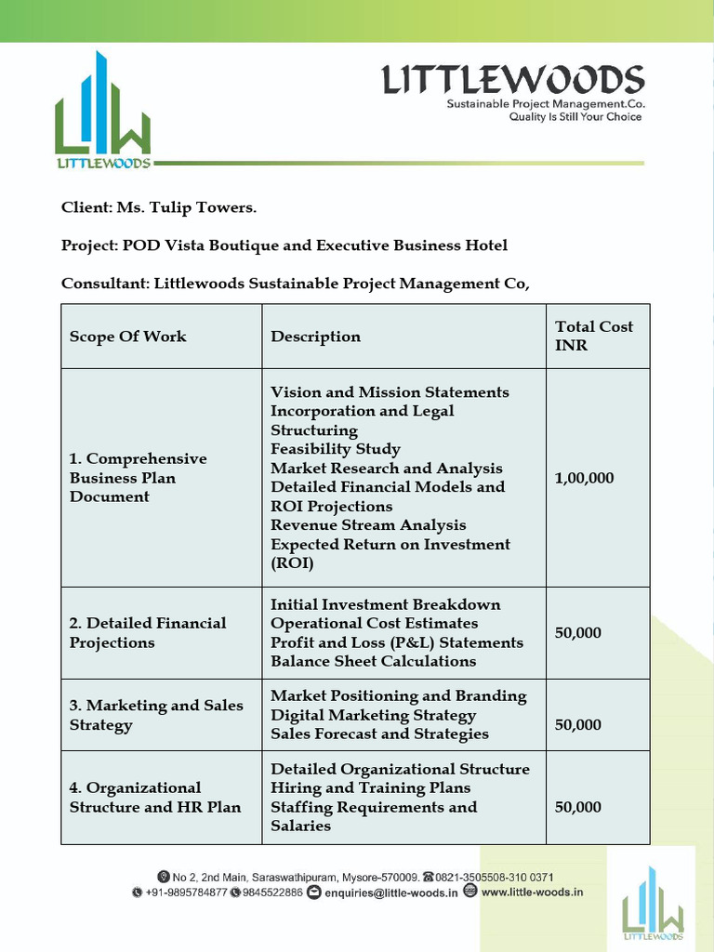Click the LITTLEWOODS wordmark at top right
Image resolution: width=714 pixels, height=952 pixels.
point(513,80)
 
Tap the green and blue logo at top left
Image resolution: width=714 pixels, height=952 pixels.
point(102,112)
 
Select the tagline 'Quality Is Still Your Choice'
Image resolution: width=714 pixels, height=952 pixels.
point(575,117)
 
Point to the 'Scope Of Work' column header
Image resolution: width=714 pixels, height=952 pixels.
point(128,337)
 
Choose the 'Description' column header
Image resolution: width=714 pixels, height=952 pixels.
point(315,337)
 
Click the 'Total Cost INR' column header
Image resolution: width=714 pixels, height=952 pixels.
point(593,336)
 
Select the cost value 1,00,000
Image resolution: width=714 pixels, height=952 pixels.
point(584,478)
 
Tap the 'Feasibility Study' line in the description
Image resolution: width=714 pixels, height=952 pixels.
point(335,449)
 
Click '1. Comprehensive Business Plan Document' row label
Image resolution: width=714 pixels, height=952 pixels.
point(138,478)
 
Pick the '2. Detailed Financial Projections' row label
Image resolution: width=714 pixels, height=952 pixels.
point(147,632)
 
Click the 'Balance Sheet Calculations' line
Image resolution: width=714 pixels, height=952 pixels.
point(373,661)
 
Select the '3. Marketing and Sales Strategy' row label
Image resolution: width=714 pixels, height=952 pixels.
point(156,715)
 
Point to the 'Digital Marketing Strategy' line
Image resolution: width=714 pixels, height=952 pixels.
point(373,715)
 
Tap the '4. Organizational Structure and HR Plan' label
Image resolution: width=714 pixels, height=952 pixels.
point(154,798)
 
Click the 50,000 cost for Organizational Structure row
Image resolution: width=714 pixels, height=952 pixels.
point(577,807)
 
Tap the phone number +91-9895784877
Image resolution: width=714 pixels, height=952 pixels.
point(186,892)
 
